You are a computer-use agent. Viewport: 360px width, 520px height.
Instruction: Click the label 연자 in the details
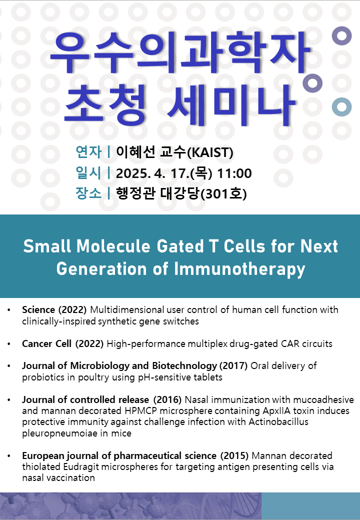tap(88, 152)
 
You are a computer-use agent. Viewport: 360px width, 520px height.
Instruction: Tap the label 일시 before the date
tap(88, 173)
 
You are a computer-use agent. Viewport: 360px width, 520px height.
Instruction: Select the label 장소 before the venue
tap(88, 193)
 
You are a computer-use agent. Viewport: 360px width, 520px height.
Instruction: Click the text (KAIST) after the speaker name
tap(210, 152)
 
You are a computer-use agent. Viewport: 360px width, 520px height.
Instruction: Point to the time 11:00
tap(234, 173)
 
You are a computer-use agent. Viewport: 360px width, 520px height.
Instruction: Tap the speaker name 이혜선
tap(135, 152)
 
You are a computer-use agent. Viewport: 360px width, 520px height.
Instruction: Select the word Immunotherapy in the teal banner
tap(239, 269)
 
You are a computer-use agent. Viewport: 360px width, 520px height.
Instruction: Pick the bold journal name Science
tap(38, 309)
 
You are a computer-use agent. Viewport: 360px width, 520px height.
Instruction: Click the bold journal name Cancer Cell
tap(46, 343)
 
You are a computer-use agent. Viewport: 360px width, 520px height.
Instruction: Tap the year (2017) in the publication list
tap(233, 366)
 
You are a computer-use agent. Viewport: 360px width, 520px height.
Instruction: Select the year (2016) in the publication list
tap(167, 399)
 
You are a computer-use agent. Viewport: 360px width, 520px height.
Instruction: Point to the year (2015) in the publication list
tap(234, 455)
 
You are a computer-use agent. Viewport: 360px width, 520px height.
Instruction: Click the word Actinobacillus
tap(278, 422)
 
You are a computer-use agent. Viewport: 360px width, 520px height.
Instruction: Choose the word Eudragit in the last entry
tap(81, 467)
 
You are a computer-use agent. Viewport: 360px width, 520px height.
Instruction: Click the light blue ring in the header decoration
tap(342, 107)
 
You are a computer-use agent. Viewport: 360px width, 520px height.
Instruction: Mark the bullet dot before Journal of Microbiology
tap(9, 366)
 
